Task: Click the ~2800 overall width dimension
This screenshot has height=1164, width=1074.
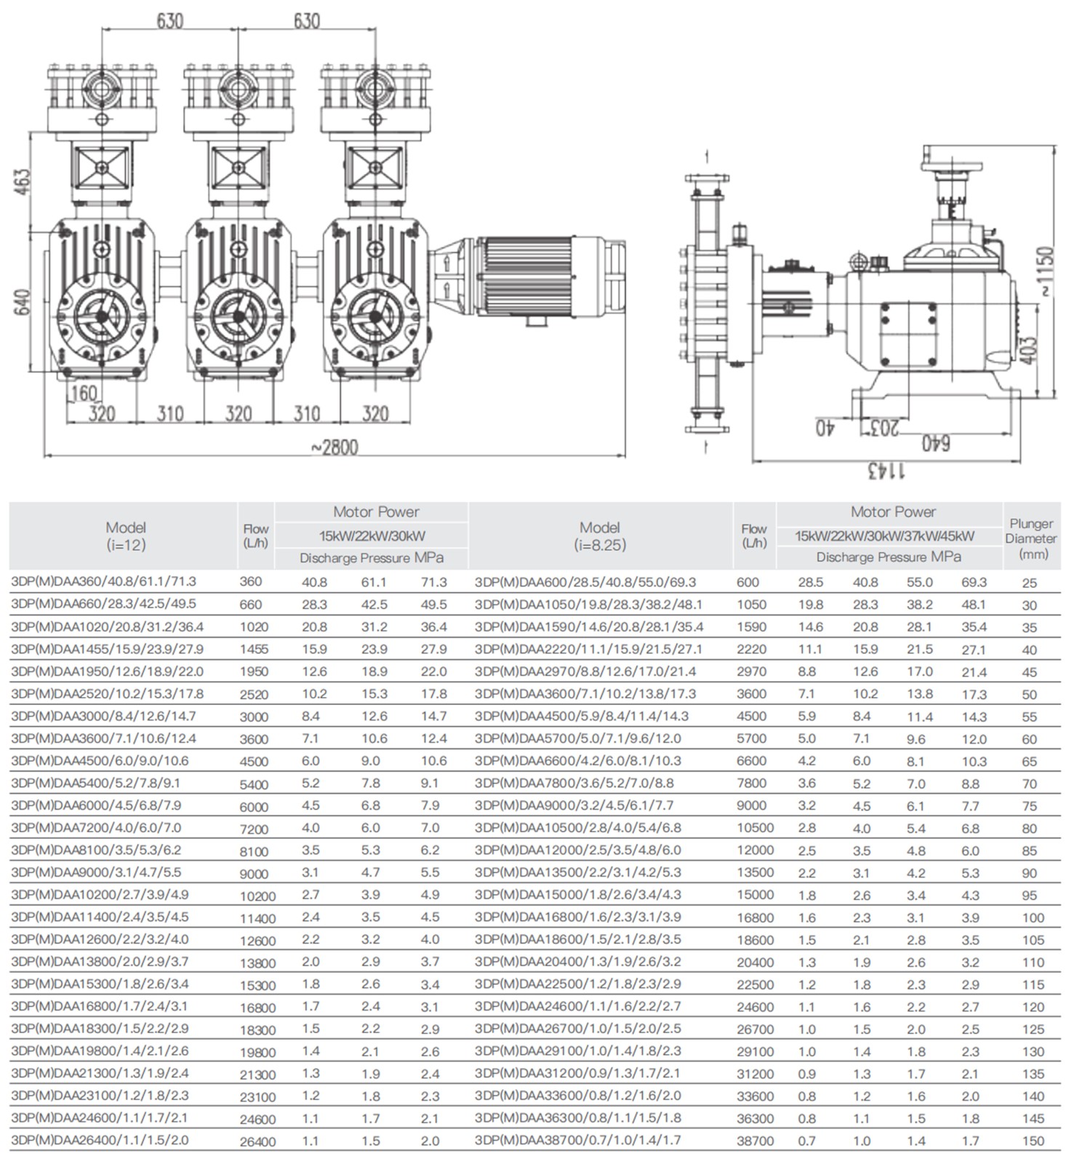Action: (x=334, y=447)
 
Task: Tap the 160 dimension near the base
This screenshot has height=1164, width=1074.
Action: (x=85, y=394)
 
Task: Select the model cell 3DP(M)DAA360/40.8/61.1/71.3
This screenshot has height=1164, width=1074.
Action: (x=104, y=582)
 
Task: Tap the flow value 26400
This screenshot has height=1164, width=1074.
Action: (x=257, y=1141)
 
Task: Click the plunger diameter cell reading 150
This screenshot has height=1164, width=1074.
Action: (x=1033, y=1141)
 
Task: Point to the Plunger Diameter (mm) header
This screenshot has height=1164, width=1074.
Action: (x=1031, y=538)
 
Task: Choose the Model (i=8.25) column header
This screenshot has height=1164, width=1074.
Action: (x=600, y=535)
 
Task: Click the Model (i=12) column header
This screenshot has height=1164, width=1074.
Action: (x=125, y=535)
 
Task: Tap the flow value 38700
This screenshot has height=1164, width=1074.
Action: (x=755, y=1141)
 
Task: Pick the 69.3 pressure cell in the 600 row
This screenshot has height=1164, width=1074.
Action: (x=974, y=583)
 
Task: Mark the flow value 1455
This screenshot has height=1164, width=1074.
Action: (x=254, y=650)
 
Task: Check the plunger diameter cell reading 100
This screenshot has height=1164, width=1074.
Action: (x=1033, y=918)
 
